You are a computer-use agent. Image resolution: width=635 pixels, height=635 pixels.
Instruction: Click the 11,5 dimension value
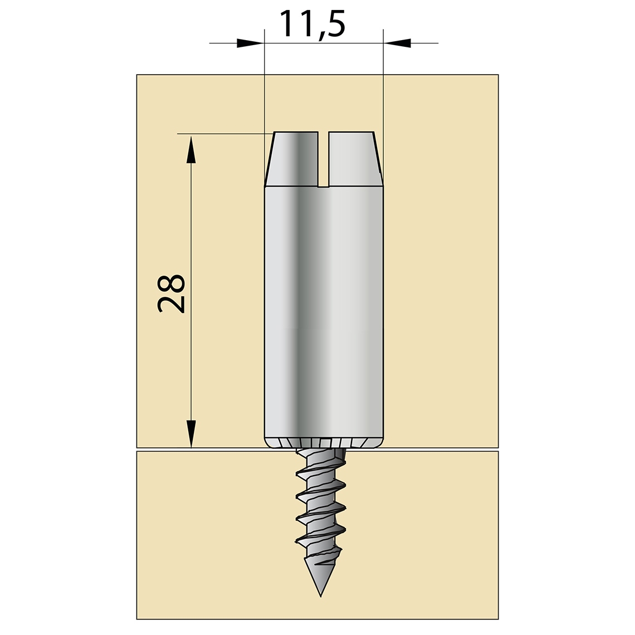click(x=312, y=25)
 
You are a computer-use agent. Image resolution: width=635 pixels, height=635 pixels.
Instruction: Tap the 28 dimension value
click(x=171, y=294)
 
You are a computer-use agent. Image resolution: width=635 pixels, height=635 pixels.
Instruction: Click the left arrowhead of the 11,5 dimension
click(x=250, y=43)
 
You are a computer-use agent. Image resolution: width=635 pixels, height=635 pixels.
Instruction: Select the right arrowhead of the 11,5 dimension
click(x=397, y=43)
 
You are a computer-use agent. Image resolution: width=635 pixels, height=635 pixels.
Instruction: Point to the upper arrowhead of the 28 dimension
click(x=191, y=150)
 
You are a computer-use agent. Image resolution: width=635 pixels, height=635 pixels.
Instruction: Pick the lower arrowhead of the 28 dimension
click(x=191, y=434)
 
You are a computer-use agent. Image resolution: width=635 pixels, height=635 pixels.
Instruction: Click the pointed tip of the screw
click(x=321, y=596)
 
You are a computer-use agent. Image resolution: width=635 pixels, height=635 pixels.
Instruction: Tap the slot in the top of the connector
click(x=323, y=159)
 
